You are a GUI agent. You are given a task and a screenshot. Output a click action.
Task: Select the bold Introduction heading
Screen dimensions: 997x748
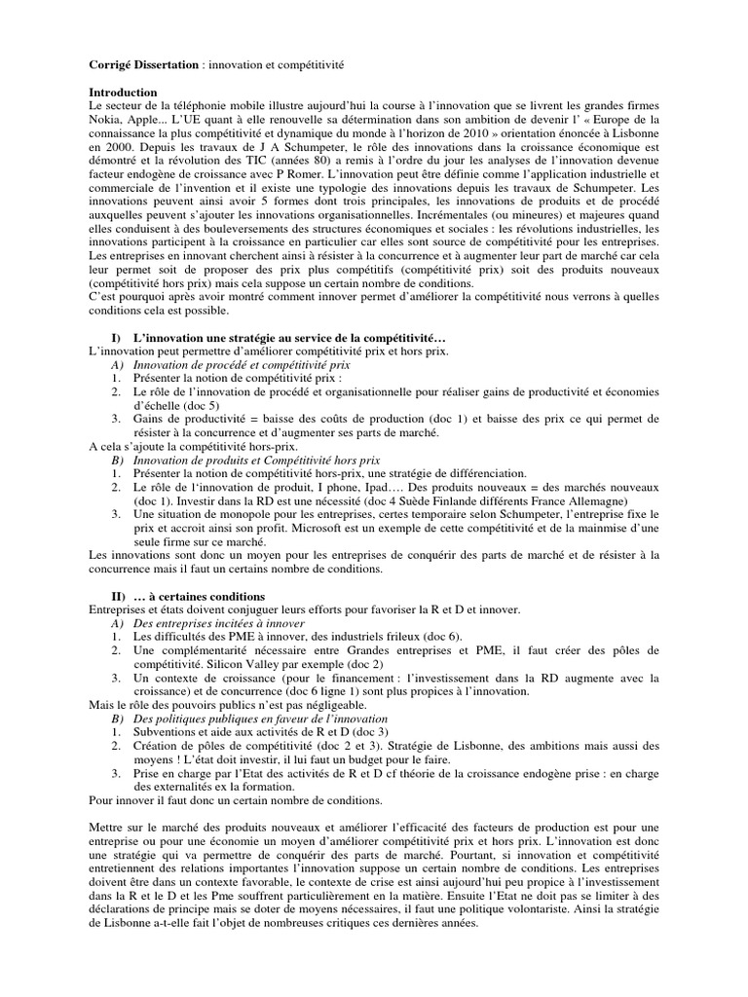pyautogui.click(x=122, y=92)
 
